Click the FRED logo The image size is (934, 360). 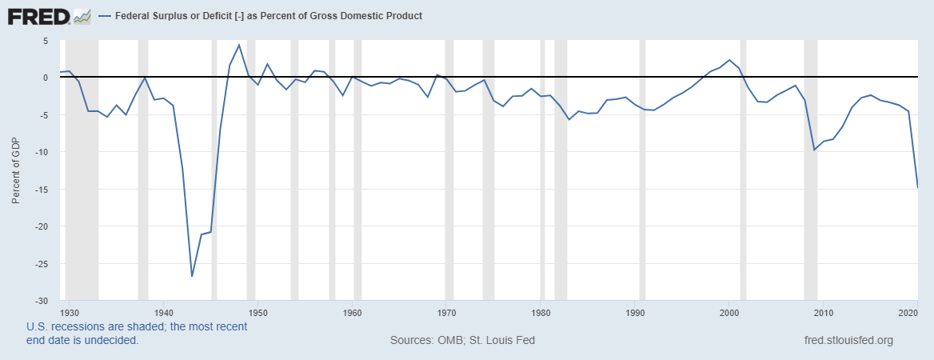(x=49, y=15)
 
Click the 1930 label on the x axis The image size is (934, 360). (x=70, y=312)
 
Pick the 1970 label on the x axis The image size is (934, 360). (x=447, y=312)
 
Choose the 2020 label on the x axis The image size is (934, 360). (x=907, y=312)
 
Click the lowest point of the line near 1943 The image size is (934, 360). (x=192, y=276)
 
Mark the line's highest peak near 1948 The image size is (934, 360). (x=239, y=45)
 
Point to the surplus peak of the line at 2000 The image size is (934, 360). (x=729, y=60)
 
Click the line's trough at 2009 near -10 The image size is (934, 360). (x=814, y=150)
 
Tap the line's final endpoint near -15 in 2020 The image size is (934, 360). (x=916, y=187)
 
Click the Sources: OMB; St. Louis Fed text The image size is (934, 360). (x=462, y=340)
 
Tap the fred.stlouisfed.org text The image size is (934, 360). (x=848, y=340)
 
